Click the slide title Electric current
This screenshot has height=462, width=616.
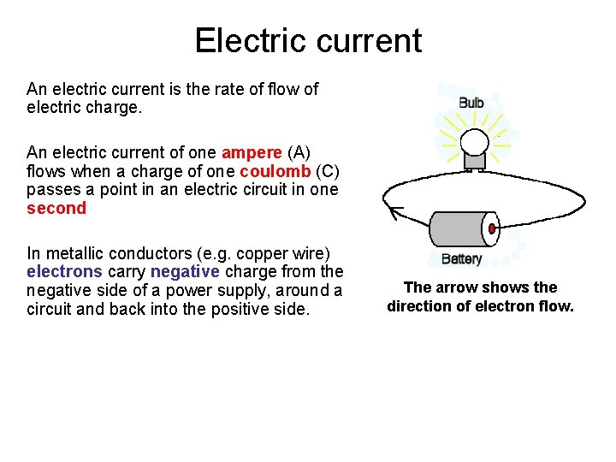coord(308,40)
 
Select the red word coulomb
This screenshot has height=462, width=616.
coord(274,171)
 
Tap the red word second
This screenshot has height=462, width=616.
coord(56,208)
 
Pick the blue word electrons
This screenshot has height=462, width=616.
coord(64,272)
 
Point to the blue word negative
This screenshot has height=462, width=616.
coord(185,272)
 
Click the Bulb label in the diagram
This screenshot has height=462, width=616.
coord(471,103)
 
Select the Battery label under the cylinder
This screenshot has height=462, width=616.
coord(461,259)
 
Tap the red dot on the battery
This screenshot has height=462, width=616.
coord(492,228)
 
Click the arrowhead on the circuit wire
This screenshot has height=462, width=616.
coord(394,210)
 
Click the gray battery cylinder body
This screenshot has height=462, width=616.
coord(458,229)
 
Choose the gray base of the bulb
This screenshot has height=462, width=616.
coord(474,161)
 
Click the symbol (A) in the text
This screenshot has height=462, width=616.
coord(299,153)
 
